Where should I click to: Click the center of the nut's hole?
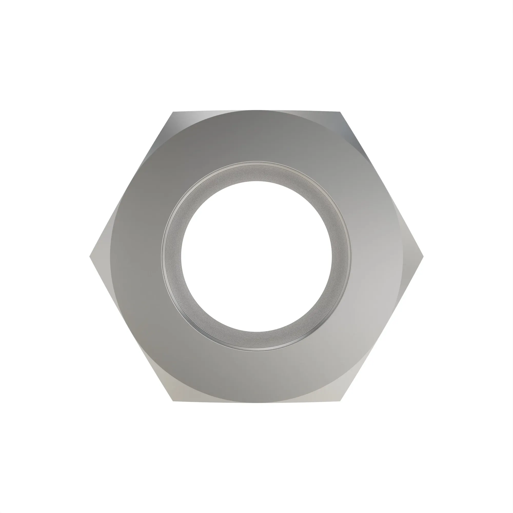[x=256, y=256]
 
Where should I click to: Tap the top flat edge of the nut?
[x=256, y=111]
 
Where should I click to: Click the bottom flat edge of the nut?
[x=256, y=402]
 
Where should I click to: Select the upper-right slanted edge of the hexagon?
[x=381, y=184]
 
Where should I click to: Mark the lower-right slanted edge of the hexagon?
[x=381, y=329]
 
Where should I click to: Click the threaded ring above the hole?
[x=256, y=172]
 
